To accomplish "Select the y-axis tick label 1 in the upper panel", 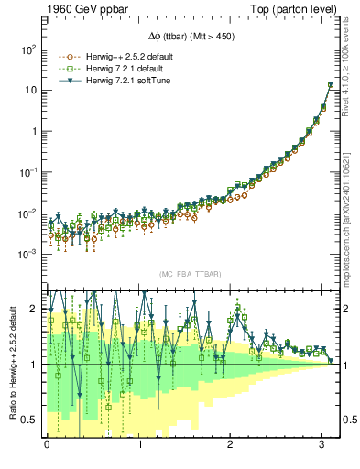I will (34, 130).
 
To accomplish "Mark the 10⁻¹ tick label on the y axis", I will (28, 171).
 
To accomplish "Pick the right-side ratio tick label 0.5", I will (350, 420).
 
